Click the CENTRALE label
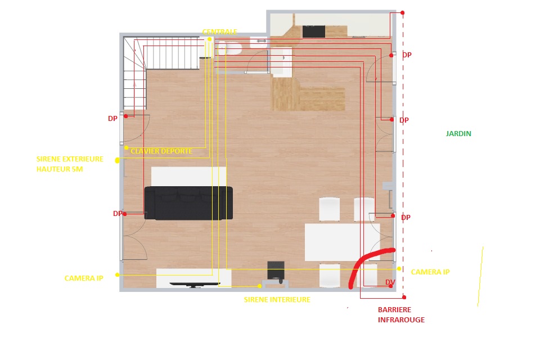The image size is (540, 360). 219,31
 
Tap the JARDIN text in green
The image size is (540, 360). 458,134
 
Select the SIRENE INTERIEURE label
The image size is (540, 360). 277,300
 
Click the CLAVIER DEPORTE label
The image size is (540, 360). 161,151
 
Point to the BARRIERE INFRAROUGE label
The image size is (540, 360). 401,314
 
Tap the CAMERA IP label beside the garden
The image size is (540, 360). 430,272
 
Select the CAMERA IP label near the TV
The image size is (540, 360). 84,278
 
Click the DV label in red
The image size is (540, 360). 390,282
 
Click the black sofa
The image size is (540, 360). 188,203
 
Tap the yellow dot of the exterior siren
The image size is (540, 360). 118,160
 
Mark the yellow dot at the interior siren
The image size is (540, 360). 260,286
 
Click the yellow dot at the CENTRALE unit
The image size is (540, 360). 209,39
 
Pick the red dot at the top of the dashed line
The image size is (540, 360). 402,13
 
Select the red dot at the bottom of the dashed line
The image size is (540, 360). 404,297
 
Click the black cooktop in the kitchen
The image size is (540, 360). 314,31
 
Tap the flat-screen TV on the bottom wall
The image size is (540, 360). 195,285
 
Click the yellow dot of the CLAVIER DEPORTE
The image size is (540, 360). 127,148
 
